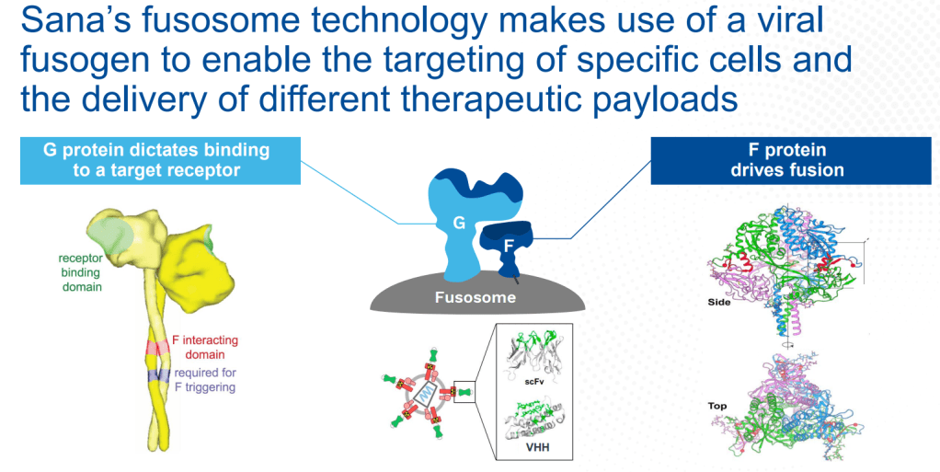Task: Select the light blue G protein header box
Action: click(x=160, y=160)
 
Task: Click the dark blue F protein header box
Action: click(x=791, y=160)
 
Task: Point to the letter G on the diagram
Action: click(x=459, y=223)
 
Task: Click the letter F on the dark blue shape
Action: click(x=509, y=246)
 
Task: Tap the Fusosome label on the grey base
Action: click(x=476, y=297)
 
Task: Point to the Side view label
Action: click(x=718, y=303)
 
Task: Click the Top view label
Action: click(x=717, y=406)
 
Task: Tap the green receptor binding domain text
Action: click(x=80, y=272)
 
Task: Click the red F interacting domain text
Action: click(x=204, y=347)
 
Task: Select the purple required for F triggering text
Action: click(x=205, y=380)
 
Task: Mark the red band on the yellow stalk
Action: click(x=156, y=347)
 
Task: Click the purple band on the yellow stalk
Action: click(x=159, y=375)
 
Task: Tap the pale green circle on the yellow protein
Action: click(x=111, y=235)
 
